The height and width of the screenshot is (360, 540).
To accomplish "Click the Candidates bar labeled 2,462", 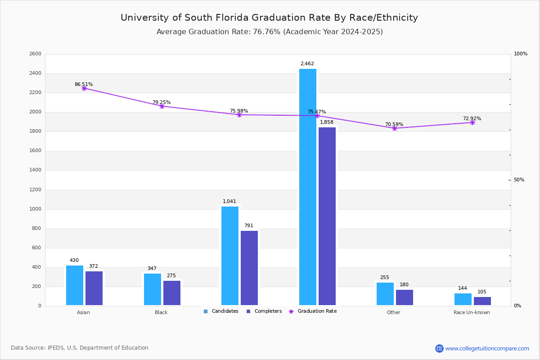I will pos(308,187).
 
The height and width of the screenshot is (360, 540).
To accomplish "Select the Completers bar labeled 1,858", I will pos(327,216).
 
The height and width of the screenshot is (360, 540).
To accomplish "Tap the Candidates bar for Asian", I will pos(75,285).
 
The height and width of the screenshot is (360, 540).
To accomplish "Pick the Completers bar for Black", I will pos(172,293).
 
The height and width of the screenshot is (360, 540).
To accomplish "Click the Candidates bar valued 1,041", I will pos(230,256).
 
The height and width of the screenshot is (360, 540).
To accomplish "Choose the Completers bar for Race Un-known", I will pos(482,301).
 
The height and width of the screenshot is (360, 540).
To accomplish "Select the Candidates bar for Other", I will pos(385,294).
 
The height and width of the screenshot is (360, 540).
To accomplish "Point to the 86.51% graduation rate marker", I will pos(84,88).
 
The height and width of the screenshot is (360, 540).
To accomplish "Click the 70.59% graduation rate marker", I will pos(395,128).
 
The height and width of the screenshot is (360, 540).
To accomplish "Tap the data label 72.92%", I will pos(472,119).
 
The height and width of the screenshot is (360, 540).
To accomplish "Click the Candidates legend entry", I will pos(221,311).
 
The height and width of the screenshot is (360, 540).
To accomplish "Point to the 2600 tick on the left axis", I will pos(35,54).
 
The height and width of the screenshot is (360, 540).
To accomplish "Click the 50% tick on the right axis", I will pos(519,180).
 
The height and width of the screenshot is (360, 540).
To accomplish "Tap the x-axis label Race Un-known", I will pos(472,312).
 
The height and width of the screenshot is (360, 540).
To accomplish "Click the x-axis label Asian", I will pos(83,312).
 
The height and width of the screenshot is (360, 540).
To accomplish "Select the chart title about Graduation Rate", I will pos(269,18).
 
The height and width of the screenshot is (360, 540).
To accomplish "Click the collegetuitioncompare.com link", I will pos(487,348).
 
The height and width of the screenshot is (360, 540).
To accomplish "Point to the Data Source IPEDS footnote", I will pos(80,348).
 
